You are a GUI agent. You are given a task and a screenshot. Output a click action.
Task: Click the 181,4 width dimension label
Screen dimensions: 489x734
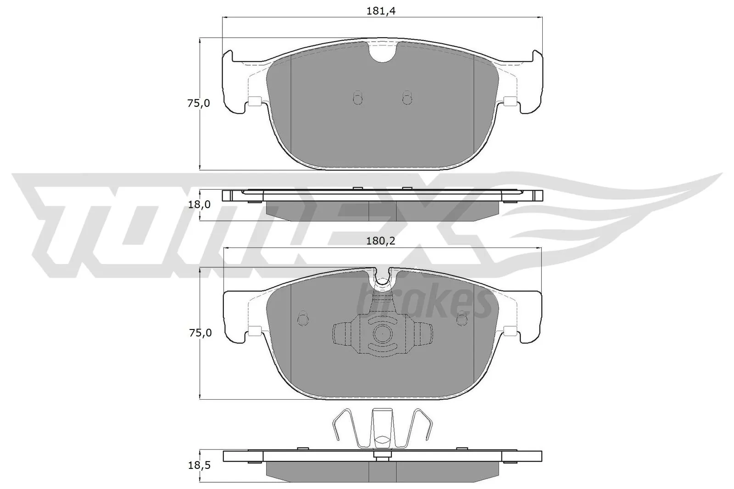point(381,11)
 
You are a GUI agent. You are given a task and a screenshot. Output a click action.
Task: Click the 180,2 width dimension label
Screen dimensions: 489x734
point(381,241)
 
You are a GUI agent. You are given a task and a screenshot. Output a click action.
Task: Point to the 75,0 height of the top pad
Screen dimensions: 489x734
point(198,104)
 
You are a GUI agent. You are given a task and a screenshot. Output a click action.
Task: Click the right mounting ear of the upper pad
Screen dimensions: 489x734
point(534,82)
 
